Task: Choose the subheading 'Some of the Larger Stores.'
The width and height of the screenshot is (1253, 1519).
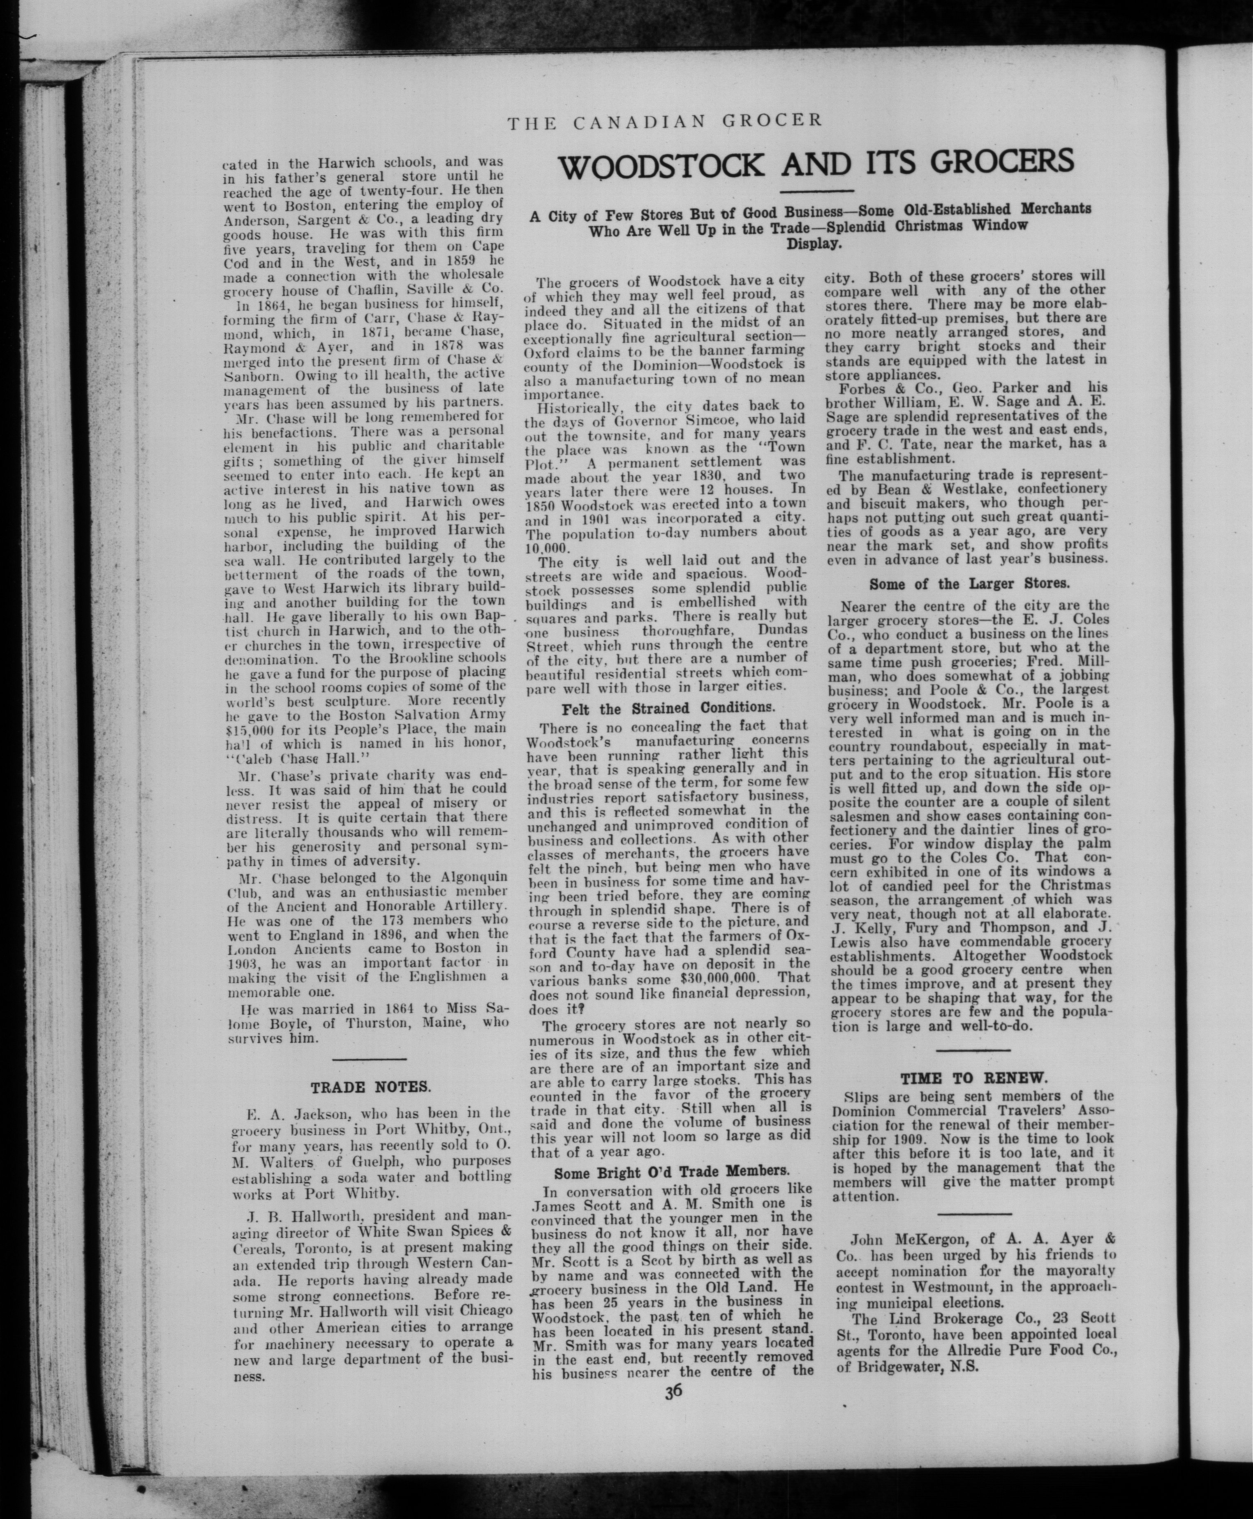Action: (x=969, y=584)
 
